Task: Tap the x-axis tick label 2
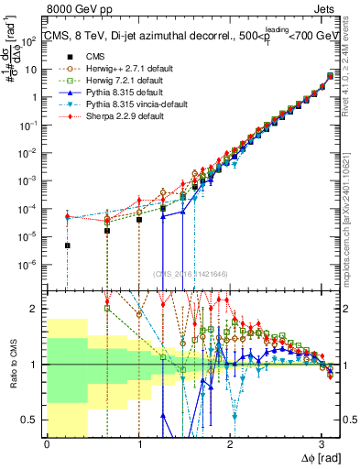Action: tap(230, 443)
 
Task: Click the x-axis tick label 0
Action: tap(47, 443)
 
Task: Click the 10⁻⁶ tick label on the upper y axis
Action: tap(31, 265)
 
